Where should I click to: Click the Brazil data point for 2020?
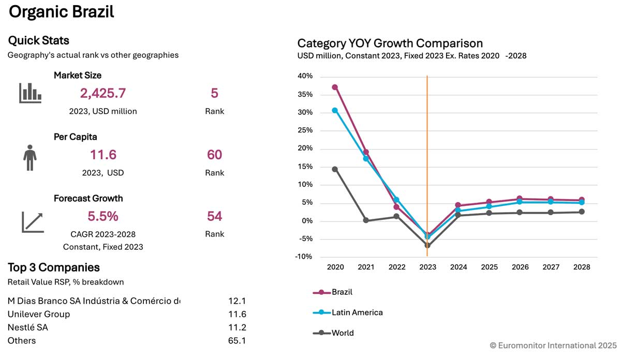(335, 87)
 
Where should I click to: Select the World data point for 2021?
(366, 220)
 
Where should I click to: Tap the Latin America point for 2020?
(335, 110)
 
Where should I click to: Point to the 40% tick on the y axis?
(305, 77)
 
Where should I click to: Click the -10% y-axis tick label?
(304, 257)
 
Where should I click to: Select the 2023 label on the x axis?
(427, 267)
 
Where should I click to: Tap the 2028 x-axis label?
(582, 267)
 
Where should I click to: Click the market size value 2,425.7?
(102, 94)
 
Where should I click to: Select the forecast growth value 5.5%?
(102, 216)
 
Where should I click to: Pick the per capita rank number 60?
(214, 155)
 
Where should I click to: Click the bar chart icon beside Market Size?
(30, 93)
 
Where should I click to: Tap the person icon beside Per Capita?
(30, 157)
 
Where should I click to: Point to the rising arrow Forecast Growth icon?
(33, 221)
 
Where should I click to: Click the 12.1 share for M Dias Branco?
(237, 301)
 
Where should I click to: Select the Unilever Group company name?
(39, 314)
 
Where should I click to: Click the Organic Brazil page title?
(61, 12)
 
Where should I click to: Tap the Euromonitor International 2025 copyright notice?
(553, 345)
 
